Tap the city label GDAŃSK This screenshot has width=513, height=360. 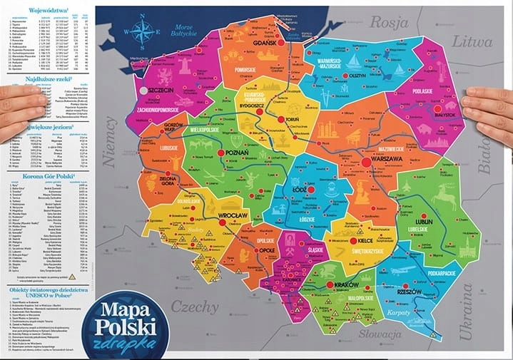[267, 43]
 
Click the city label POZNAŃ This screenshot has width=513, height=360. [235, 153]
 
